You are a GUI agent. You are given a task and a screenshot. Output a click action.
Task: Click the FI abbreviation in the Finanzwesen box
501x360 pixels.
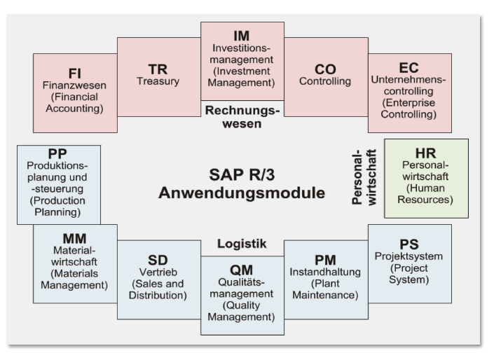(x=74, y=73)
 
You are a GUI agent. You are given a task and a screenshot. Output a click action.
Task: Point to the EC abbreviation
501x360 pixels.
(x=409, y=67)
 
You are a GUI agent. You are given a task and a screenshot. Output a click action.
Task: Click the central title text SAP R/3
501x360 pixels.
(x=242, y=174)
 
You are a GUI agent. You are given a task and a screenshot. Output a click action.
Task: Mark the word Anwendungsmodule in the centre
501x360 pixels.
(x=242, y=193)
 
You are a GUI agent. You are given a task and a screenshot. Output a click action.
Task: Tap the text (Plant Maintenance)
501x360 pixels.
(x=326, y=289)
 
